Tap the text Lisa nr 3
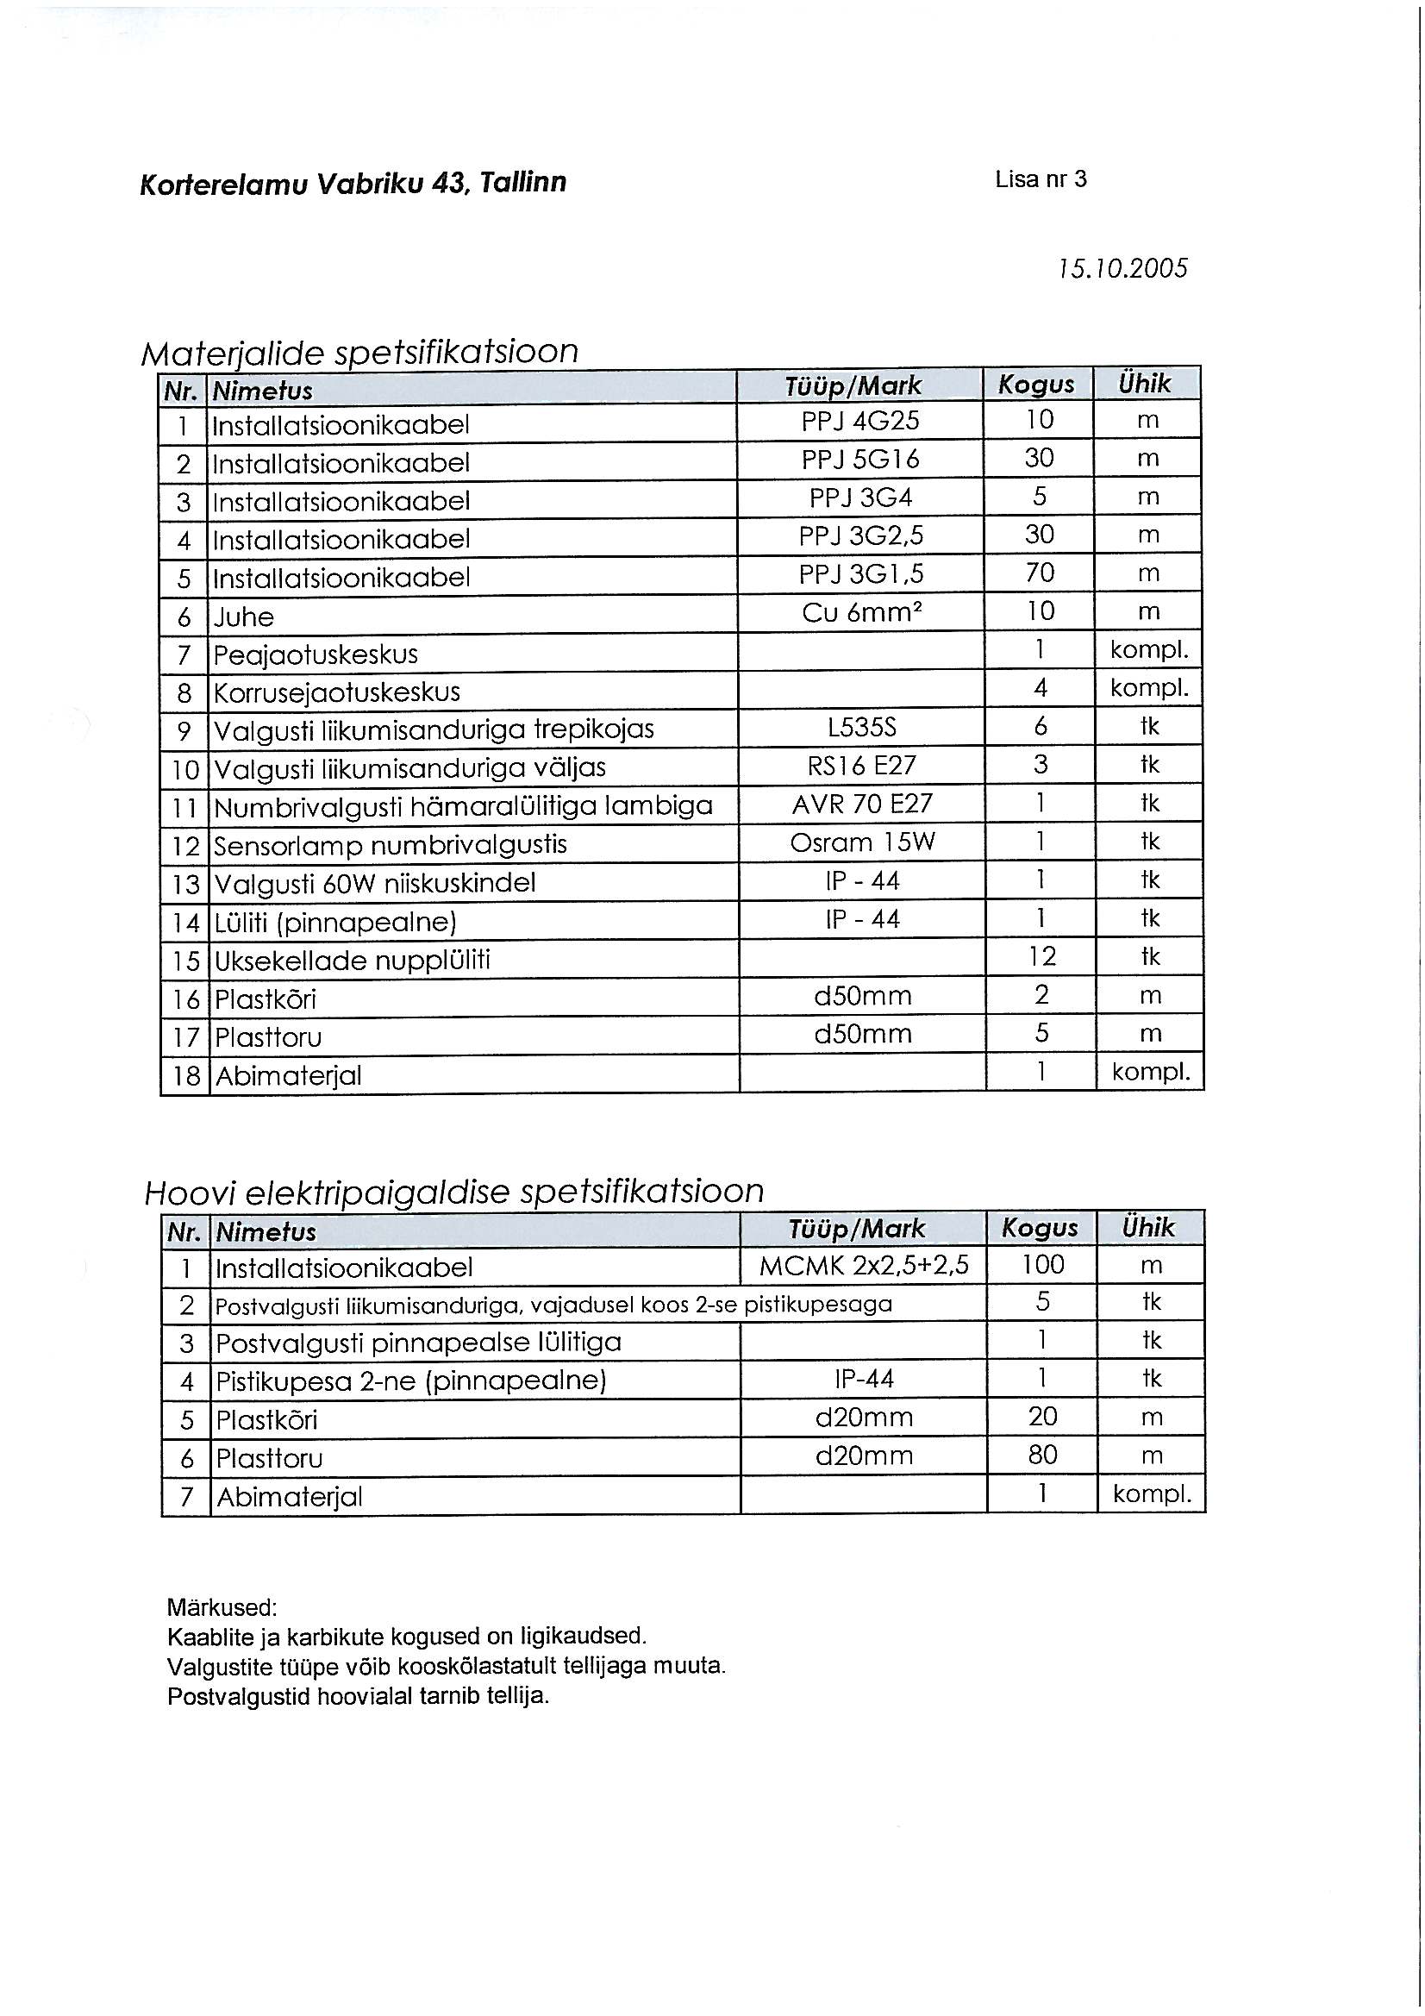click(1041, 179)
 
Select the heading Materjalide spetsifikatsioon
click(360, 351)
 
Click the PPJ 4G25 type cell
click(859, 422)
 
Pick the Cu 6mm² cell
click(860, 612)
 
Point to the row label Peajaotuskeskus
click(316, 654)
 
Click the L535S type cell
click(860, 728)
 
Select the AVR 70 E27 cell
click(861, 805)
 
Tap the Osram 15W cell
click(861, 843)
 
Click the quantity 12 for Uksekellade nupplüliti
click(1041, 956)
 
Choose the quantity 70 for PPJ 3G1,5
click(1040, 573)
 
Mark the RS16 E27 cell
click(861, 766)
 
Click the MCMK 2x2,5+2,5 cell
click(864, 1265)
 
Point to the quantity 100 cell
click(1042, 1264)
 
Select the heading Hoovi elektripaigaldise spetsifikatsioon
click(454, 1192)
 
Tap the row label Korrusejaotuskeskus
click(337, 692)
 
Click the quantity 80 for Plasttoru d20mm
click(1042, 1456)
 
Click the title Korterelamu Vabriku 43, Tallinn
click(353, 183)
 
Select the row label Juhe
click(244, 617)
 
